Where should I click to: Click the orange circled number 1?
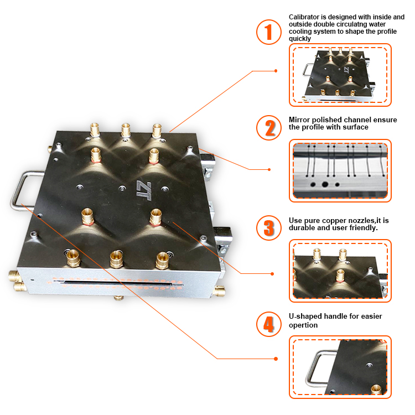click(x=269, y=32)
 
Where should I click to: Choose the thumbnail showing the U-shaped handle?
click(x=340, y=367)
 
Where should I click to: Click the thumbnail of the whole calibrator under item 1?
click(x=340, y=75)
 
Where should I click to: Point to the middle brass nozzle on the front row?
click(x=116, y=257)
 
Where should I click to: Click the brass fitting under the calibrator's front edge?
click(x=118, y=298)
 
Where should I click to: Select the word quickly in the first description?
click(x=300, y=39)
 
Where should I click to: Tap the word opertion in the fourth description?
click(x=303, y=325)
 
